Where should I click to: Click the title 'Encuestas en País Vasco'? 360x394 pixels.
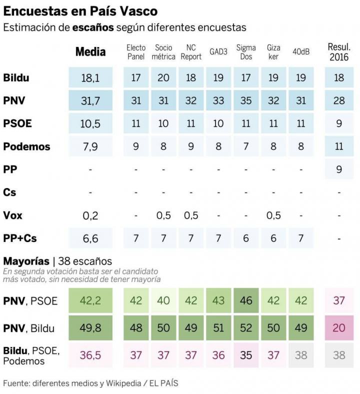point(80,10)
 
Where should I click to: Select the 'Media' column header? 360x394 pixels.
point(90,52)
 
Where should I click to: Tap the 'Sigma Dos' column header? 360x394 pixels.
point(246,52)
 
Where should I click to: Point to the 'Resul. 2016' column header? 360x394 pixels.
point(339,52)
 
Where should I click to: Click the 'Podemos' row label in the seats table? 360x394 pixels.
point(26,146)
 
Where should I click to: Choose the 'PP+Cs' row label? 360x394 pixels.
point(19,238)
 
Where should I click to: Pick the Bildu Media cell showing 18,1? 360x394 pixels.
point(90,78)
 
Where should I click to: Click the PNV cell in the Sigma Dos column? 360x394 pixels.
point(246,101)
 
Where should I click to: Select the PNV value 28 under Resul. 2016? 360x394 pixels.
point(339,101)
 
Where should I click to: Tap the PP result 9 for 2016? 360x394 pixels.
point(339,169)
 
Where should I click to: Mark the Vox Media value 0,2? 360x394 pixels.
point(90,215)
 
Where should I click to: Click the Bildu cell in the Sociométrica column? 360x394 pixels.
point(163,78)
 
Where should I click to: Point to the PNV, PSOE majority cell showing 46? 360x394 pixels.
point(246,300)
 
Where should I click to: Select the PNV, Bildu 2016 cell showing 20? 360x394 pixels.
point(339,328)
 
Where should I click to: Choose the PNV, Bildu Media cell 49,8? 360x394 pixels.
point(90,328)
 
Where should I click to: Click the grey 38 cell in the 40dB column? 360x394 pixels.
point(301,355)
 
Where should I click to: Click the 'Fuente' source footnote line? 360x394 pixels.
point(90,383)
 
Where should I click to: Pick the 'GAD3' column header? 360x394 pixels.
point(218,52)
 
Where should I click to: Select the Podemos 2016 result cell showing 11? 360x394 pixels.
point(339,146)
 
